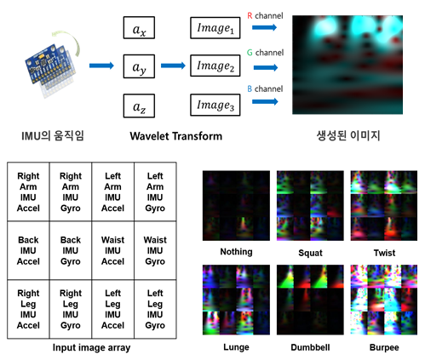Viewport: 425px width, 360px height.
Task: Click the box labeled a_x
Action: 139,27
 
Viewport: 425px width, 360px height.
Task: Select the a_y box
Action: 139,66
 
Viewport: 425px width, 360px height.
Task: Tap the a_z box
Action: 139,106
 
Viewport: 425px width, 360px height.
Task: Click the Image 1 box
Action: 215,28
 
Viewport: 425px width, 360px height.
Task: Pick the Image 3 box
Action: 215,106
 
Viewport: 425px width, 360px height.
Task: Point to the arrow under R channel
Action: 264,27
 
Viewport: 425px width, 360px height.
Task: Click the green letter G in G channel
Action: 250,53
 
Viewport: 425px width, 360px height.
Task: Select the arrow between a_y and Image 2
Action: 173,66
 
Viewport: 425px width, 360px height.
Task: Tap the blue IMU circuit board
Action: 49,66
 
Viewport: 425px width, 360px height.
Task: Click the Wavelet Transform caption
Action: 176,136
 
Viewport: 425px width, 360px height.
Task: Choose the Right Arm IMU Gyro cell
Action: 71,191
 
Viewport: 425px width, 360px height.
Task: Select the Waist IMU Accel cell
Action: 112,250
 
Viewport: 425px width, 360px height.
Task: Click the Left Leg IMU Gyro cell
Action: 155,309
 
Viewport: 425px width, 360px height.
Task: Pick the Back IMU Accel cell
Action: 28,250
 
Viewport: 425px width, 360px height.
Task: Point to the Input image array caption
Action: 91,347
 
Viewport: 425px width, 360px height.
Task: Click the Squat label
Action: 310,253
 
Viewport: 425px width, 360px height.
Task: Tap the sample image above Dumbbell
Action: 310,300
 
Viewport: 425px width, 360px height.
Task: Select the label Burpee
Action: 384,347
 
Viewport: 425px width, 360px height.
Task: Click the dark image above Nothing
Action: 236,206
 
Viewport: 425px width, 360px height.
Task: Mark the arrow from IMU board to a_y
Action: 101,66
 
